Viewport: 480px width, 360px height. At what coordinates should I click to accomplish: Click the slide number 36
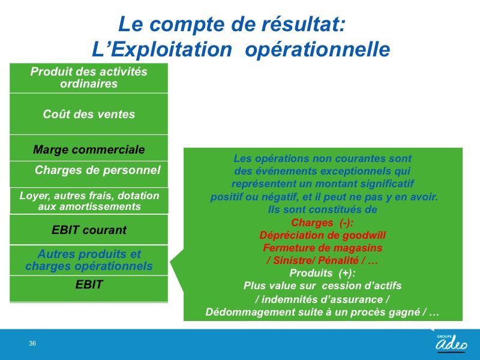tap(32, 343)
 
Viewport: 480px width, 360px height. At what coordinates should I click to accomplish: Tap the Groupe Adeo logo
tap(452, 343)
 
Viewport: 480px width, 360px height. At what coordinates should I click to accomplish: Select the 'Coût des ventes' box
tap(89, 114)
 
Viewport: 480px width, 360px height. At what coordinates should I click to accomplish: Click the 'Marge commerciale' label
tap(89, 149)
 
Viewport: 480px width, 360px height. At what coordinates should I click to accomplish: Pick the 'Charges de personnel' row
tap(89, 174)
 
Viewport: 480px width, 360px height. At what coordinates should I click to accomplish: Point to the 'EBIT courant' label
tap(89, 230)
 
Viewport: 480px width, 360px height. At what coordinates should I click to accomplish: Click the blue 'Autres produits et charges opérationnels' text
tap(89, 260)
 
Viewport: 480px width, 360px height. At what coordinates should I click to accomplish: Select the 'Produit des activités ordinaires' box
tap(89, 78)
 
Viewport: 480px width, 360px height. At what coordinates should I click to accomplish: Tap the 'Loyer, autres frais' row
tap(89, 201)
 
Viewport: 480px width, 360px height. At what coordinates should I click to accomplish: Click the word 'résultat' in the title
tap(303, 24)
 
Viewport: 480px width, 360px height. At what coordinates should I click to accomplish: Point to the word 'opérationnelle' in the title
tap(317, 50)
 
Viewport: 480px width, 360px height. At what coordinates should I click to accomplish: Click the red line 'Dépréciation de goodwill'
tap(323, 235)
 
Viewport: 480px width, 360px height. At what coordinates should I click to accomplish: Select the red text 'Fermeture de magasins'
tap(323, 248)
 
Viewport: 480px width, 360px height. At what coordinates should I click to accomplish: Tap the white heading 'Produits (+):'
tap(322, 273)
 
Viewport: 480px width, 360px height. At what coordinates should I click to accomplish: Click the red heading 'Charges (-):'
tap(322, 223)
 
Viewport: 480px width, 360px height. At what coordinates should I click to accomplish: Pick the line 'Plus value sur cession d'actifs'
tap(322, 286)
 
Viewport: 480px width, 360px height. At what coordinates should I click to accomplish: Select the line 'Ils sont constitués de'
tap(322, 209)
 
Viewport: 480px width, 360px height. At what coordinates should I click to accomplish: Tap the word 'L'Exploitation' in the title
tap(162, 50)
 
